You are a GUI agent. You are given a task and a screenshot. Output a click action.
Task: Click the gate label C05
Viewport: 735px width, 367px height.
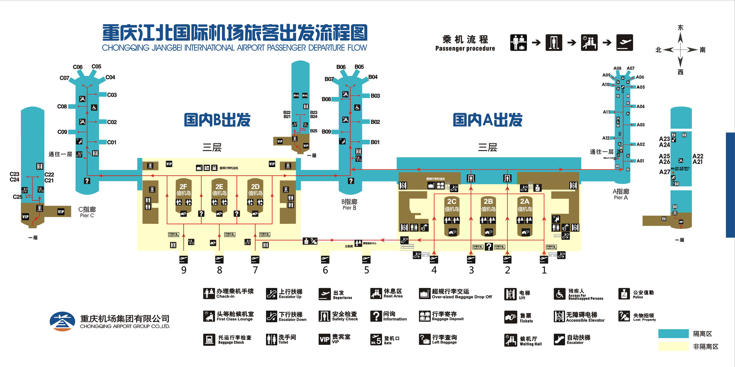[x=96, y=66]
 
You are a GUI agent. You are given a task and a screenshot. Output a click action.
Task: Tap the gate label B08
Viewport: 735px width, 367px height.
[x=326, y=99]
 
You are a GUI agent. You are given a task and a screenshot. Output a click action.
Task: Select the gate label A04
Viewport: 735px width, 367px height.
[x=641, y=106]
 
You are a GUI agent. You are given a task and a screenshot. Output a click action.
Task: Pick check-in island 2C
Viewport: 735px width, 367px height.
[x=451, y=205]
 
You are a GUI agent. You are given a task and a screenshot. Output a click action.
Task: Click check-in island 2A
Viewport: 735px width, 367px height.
[x=524, y=205]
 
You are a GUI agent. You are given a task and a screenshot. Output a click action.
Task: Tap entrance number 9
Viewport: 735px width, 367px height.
[x=184, y=270]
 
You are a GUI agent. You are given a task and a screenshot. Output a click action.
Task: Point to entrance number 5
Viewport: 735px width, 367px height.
[x=366, y=270]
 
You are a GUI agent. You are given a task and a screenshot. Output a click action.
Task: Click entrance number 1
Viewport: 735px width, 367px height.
[x=544, y=270]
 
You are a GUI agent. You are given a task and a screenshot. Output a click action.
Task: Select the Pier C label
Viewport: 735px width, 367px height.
[x=87, y=212]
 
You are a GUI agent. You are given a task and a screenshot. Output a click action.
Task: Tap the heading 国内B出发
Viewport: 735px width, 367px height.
[x=217, y=120]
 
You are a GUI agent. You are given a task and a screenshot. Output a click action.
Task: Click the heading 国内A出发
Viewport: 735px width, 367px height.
[x=488, y=120]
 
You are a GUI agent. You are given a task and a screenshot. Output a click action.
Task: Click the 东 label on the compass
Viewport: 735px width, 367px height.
[x=680, y=28]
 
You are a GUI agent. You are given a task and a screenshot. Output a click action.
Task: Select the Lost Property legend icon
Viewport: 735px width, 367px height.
[x=624, y=316]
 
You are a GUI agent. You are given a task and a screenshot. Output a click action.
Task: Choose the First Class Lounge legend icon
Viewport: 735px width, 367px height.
[x=209, y=316]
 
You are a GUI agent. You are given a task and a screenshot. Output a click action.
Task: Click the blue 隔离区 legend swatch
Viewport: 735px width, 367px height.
[x=673, y=334]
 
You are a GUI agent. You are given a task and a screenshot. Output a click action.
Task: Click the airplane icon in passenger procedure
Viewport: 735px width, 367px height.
[x=624, y=43]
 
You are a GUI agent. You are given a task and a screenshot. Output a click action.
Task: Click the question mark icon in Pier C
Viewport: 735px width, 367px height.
[x=87, y=181]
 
